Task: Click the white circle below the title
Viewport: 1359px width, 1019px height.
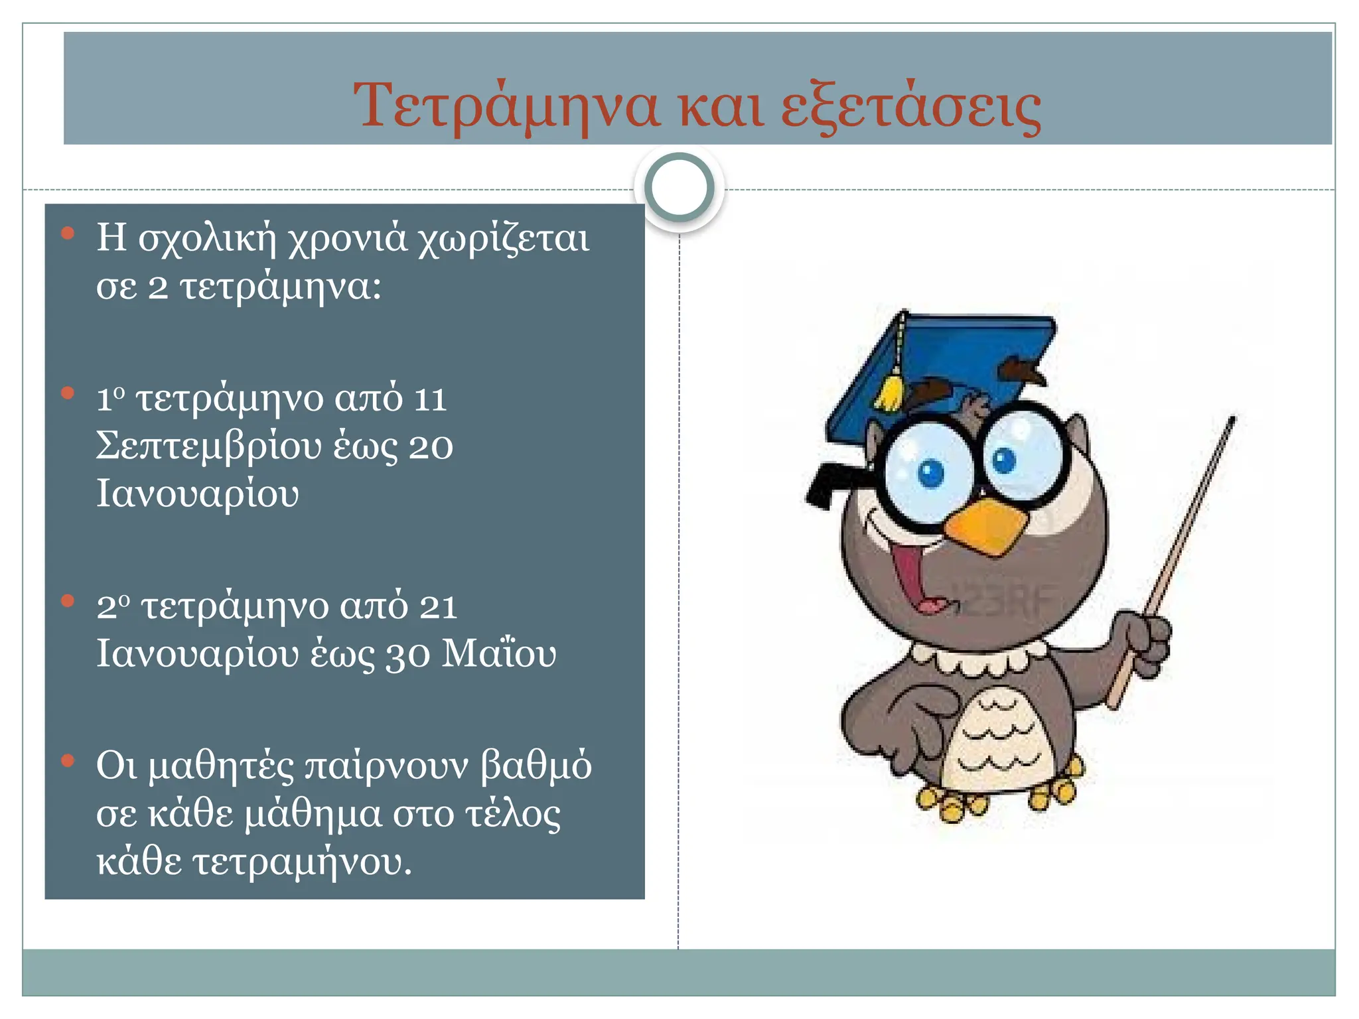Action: coord(679,188)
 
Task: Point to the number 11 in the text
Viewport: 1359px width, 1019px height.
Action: coord(429,399)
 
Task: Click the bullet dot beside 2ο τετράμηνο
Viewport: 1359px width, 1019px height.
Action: coord(67,601)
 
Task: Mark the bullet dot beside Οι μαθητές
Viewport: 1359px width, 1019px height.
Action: coord(67,761)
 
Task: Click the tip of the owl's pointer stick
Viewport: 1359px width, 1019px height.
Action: coord(1231,421)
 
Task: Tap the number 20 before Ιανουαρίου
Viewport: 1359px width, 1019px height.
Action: coord(431,447)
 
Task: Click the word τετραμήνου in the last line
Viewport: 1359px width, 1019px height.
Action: coord(297,863)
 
